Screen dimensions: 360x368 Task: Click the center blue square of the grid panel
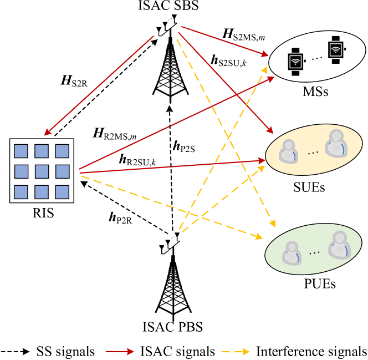pos(42,171)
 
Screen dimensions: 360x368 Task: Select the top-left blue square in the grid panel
pos(21,151)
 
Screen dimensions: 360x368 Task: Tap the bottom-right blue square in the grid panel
pos(62,192)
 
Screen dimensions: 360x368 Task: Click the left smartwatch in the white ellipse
pos(295,62)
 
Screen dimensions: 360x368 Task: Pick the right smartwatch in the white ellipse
pos(335,50)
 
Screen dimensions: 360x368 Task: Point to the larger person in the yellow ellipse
pos(336,144)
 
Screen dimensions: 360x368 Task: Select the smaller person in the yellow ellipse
pos(288,152)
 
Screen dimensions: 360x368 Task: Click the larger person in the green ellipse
pos(339,246)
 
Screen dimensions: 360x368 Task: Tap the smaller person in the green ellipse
pos(292,253)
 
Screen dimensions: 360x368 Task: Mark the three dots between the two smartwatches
pos(316,58)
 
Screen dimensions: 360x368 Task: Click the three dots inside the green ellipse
pos(314,253)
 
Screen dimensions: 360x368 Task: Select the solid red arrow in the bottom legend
pos(120,352)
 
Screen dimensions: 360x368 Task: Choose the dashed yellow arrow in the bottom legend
pos(236,352)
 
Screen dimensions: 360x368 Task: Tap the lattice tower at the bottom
pos(173,288)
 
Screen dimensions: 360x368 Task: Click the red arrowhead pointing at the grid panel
pos(47,133)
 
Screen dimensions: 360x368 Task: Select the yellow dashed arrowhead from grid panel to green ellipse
pos(258,237)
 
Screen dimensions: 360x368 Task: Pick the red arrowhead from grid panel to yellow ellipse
pos(262,161)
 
